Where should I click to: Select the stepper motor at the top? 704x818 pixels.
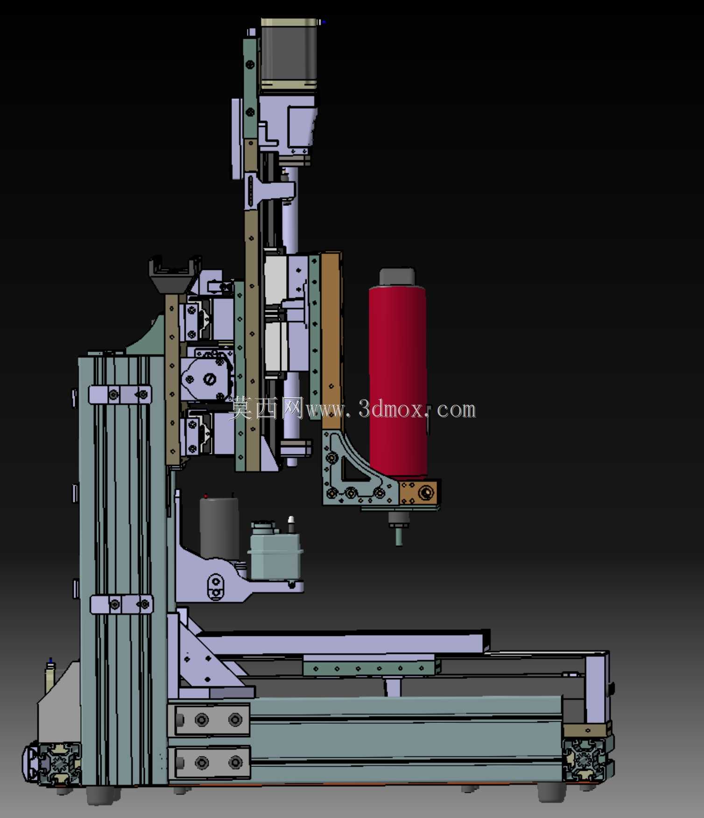point(289,54)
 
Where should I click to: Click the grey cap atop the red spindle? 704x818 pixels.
point(397,276)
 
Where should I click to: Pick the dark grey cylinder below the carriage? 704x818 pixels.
point(219,528)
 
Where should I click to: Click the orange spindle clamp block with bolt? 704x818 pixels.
point(418,493)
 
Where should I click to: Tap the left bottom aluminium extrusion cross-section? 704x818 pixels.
point(55,763)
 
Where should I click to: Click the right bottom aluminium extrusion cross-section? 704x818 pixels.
point(586,759)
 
